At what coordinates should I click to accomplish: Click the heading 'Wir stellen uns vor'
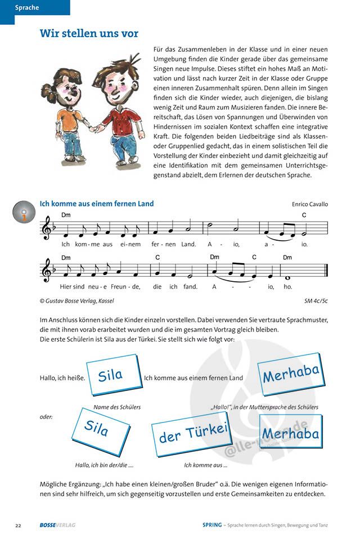pyautogui.click(x=89, y=34)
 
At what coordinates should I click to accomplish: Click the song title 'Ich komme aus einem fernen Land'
pyautogui.click(x=96, y=204)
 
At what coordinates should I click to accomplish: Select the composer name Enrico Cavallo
pyautogui.click(x=310, y=204)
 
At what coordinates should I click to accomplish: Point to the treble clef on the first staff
pyautogui.click(x=47, y=230)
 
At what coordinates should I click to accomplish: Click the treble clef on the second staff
pyautogui.click(x=47, y=271)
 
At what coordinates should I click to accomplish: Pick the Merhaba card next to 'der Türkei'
pyautogui.click(x=290, y=432)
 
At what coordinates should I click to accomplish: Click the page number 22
pyautogui.click(x=18, y=525)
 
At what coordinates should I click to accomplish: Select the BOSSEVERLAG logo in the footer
pyautogui.click(x=57, y=525)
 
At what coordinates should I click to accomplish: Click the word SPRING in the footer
pyautogui.click(x=212, y=525)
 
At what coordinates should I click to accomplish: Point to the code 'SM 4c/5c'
pyautogui.click(x=316, y=301)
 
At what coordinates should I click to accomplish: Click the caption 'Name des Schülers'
pyautogui.click(x=117, y=407)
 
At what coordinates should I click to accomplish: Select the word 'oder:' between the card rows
pyautogui.click(x=47, y=417)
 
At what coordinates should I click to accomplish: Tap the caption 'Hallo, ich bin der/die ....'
pyautogui.click(x=105, y=465)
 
